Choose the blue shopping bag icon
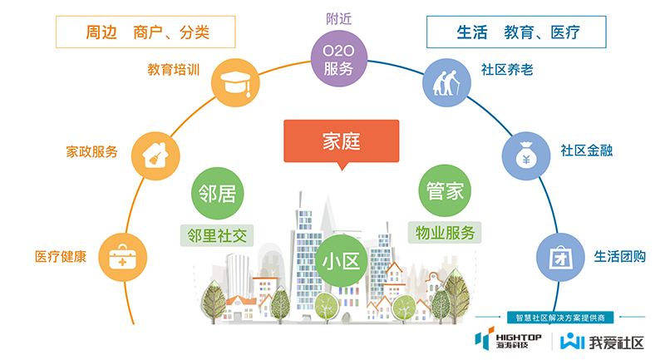[556, 256]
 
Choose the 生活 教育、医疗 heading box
[516, 33]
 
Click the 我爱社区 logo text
[615, 341]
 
